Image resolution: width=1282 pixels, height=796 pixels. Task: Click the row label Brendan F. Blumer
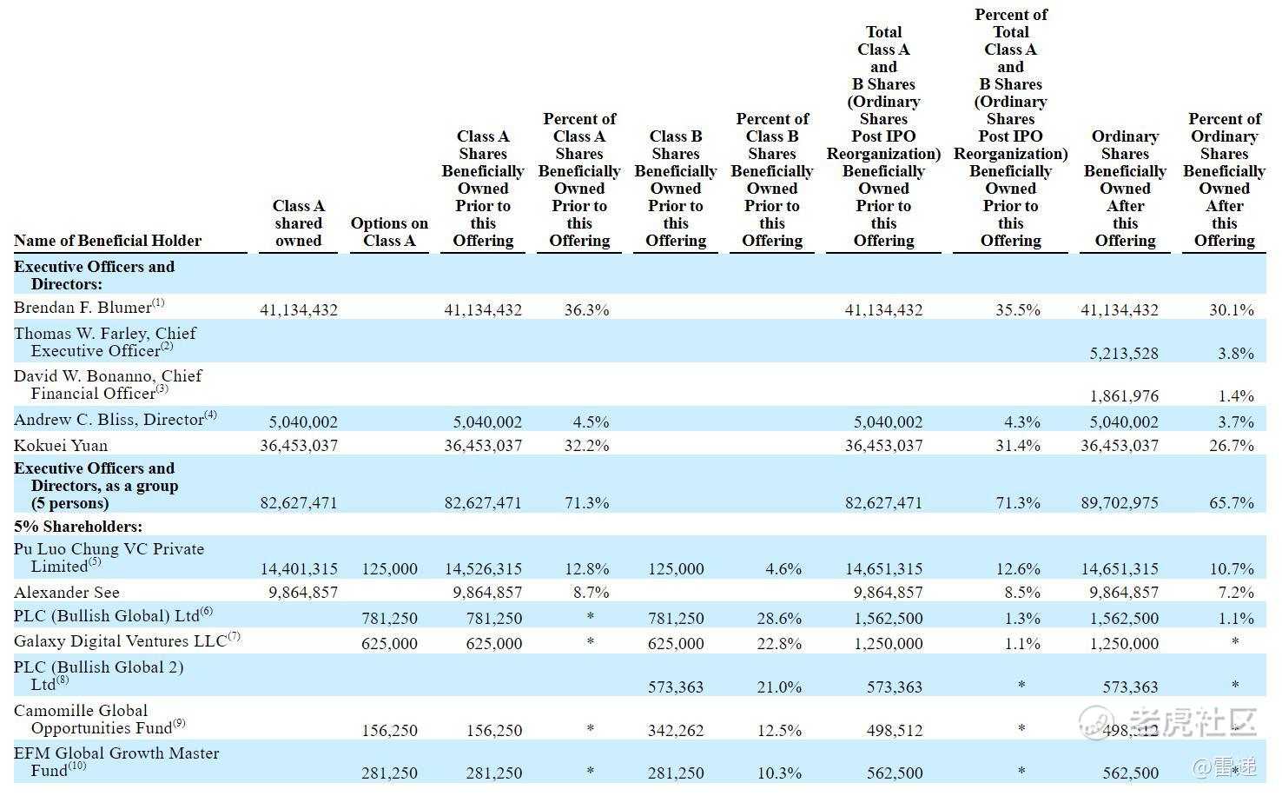tap(83, 308)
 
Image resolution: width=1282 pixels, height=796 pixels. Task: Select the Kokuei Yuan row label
tap(61, 446)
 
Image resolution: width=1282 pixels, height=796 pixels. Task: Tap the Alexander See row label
tap(66, 592)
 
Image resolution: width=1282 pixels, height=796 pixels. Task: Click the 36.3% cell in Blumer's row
tap(586, 310)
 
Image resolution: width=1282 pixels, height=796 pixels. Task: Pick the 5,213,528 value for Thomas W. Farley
tap(1123, 354)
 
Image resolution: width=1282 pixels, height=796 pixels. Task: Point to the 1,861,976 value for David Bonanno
tap(1123, 395)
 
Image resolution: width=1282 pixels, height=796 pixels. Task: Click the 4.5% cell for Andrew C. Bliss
tap(591, 422)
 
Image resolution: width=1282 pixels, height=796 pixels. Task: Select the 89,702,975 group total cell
tap(1120, 503)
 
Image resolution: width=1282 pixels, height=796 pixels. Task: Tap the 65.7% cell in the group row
tap(1231, 503)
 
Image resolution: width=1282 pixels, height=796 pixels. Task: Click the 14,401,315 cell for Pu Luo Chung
tap(299, 568)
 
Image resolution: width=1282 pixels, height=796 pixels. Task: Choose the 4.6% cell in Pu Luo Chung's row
tap(783, 568)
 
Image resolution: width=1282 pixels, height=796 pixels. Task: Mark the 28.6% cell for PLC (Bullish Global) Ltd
tap(779, 619)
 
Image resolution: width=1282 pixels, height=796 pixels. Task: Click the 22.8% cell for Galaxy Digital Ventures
tap(779, 644)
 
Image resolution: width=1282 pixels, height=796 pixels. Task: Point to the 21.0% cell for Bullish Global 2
tap(779, 687)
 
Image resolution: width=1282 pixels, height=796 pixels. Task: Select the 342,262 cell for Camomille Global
tap(676, 730)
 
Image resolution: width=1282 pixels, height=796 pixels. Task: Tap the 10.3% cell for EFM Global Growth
tap(779, 773)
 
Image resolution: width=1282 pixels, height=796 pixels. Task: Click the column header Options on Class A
tap(389, 232)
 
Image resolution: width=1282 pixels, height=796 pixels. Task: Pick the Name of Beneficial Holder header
tap(108, 241)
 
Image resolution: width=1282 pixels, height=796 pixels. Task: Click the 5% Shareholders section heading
tap(78, 527)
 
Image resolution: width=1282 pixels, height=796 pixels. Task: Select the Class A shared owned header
tap(298, 223)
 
